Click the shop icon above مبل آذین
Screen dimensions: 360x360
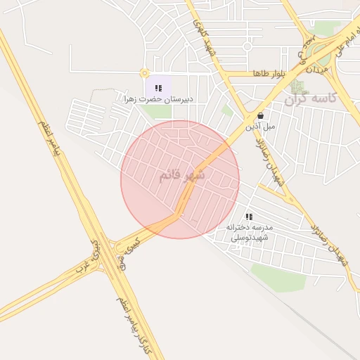point(261,116)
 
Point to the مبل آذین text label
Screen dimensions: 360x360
point(260,127)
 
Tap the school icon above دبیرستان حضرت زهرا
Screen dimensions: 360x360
point(158,89)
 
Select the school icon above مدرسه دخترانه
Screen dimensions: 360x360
point(248,217)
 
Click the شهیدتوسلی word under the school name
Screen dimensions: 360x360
point(252,238)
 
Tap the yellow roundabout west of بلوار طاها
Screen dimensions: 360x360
point(145,72)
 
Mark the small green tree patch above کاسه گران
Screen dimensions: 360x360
point(297,87)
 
